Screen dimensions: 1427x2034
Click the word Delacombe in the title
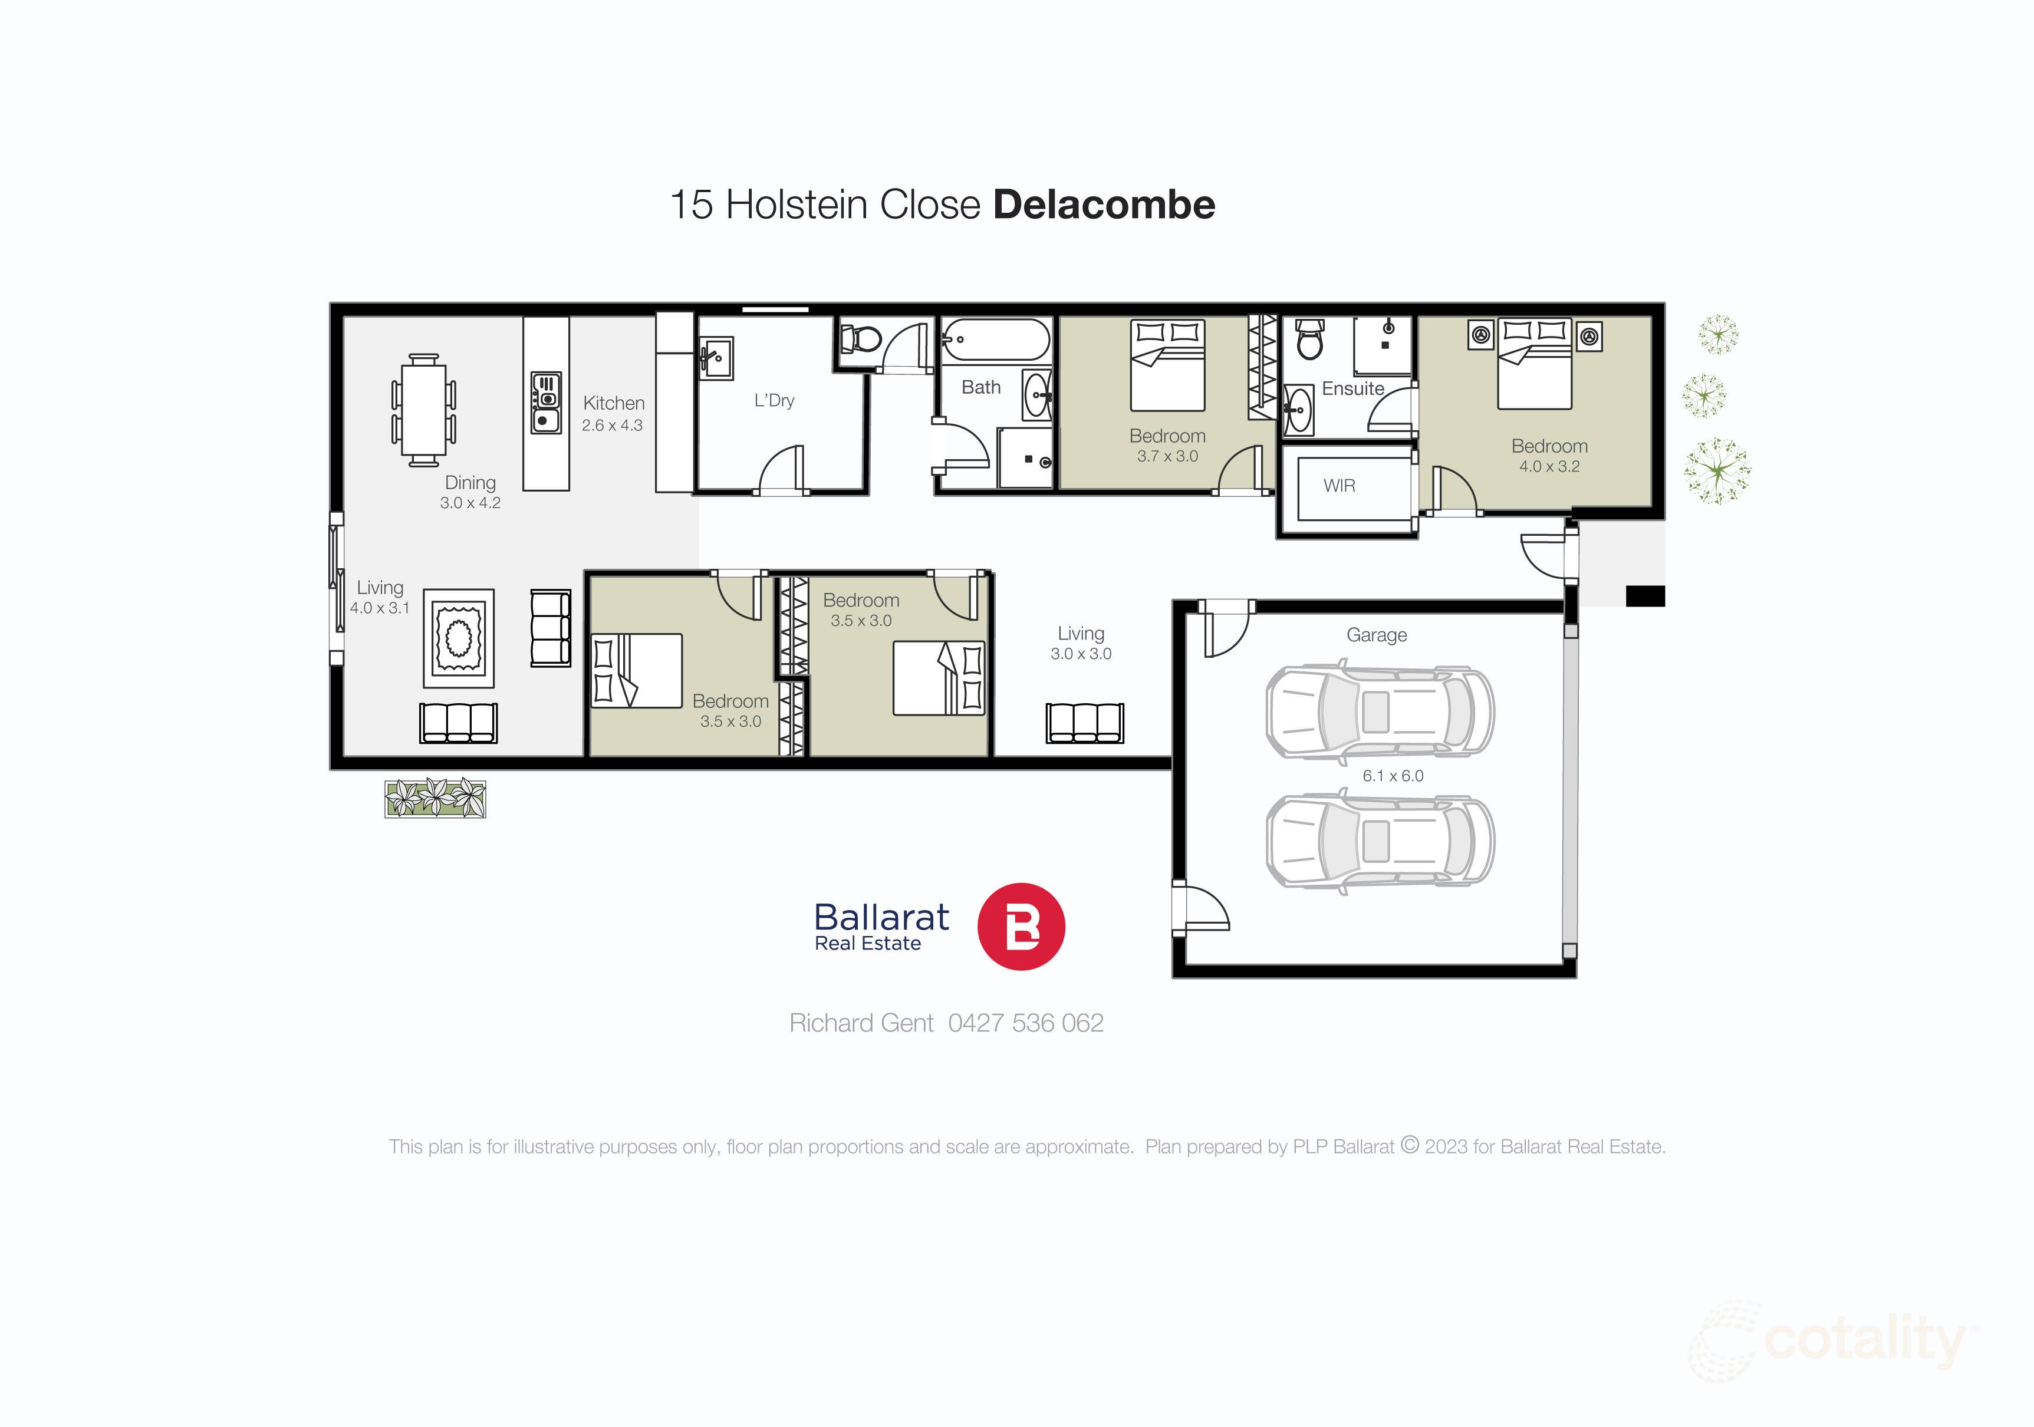tap(1104, 205)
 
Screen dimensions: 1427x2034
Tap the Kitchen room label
tap(613, 403)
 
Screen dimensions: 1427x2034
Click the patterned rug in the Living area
tap(458, 638)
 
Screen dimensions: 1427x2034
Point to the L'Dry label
tap(774, 400)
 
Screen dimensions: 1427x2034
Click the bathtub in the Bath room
tap(996, 340)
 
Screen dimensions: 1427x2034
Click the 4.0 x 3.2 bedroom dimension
tap(1549, 467)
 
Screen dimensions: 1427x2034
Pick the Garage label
tap(1376, 635)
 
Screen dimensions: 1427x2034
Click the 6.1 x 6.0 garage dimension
tap(1393, 776)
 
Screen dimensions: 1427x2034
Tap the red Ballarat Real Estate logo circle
tap(1021, 927)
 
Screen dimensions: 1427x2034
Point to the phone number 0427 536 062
tap(1025, 1023)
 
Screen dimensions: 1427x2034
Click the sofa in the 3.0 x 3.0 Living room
tap(1084, 723)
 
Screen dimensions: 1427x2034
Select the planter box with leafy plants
tap(435, 798)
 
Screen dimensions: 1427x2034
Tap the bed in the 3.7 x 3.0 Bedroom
tap(1167, 366)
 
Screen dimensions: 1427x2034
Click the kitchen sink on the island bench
tap(546, 419)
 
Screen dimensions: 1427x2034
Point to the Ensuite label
tap(1352, 389)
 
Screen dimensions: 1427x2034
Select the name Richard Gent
tap(861, 1023)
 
